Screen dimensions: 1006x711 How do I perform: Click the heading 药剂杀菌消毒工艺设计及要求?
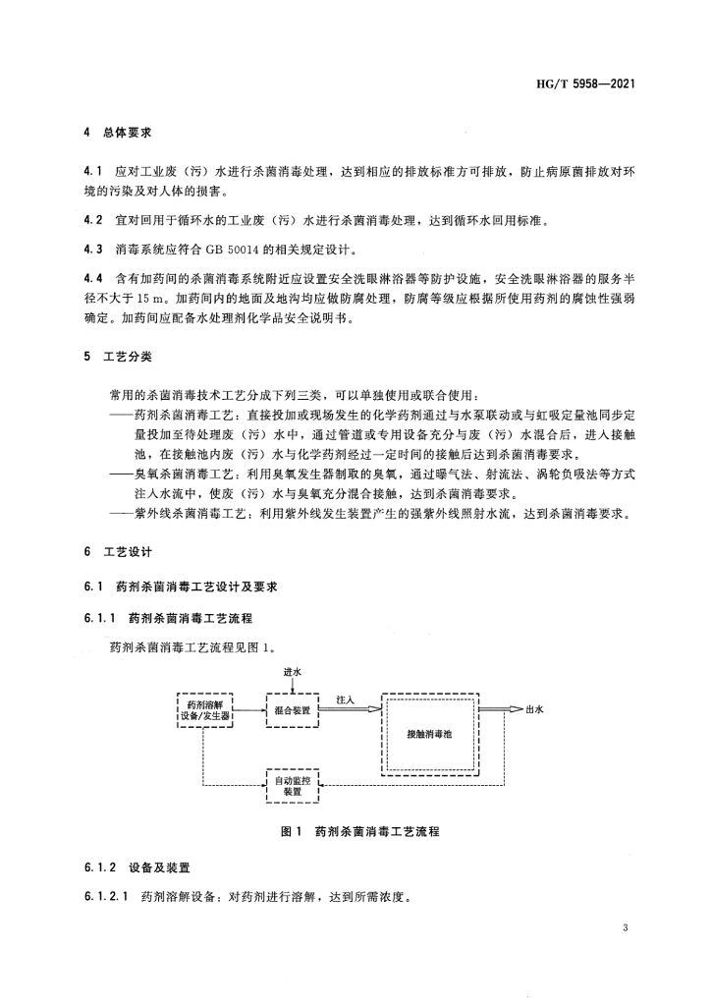click(x=196, y=587)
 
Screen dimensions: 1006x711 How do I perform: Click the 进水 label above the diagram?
click(x=292, y=672)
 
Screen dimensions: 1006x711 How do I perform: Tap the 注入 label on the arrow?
click(x=345, y=699)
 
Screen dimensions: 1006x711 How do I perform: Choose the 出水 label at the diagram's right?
click(x=534, y=708)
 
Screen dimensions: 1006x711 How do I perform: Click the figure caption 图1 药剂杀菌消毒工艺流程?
click(x=359, y=831)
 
